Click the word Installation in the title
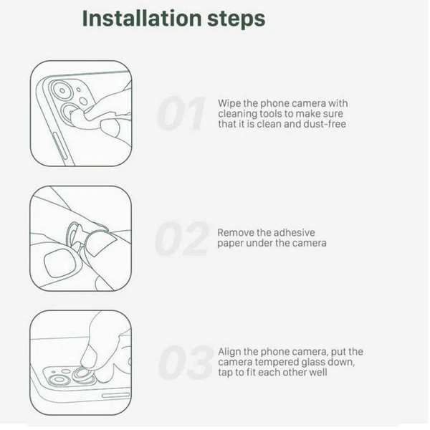tap(142, 19)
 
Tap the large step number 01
tap(181, 113)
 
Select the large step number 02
tap(181, 239)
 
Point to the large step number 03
tap(186, 362)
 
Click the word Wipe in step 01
tap(229, 103)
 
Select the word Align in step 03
tap(229, 352)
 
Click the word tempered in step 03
tap(277, 363)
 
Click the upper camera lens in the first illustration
tap(62, 90)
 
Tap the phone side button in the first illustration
tap(59, 145)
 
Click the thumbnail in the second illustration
tap(59, 264)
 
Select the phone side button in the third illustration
tap(115, 395)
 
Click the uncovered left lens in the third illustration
tap(59, 380)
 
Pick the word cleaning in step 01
tap(237, 114)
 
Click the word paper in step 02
tap(230, 244)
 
